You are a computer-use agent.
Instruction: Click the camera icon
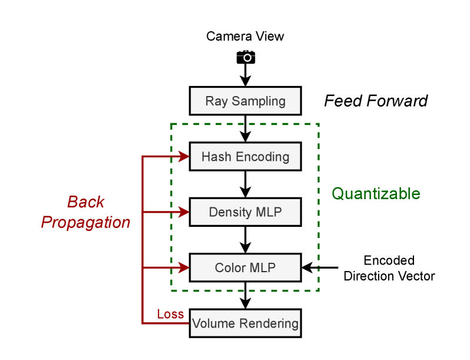tap(246, 57)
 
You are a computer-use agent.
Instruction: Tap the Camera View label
tap(245, 37)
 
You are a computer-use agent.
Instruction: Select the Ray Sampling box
tap(245, 101)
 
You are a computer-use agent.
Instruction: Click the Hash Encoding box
tap(245, 157)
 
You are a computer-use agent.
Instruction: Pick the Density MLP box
tap(245, 212)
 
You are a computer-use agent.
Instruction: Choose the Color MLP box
tap(245, 268)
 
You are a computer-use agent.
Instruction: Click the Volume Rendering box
tap(245, 323)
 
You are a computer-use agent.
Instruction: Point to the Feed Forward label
tap(376, 101)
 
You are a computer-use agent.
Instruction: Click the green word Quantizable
tap(376, 193)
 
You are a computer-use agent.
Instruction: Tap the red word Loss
tap(170, 314)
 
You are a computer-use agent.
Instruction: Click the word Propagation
tap(86, 223)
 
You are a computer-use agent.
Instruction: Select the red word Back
tap(86, 202)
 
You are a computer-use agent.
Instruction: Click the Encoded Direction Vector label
tap(389, 268)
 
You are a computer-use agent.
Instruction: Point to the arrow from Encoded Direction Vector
tap(321, 268)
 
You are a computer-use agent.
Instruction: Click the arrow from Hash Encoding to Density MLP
tap(246, 184)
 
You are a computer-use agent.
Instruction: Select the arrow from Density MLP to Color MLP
tap(246, 240)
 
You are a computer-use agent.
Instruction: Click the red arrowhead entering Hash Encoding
tap(183, 157)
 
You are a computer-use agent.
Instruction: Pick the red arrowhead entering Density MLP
tap(183, 212)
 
